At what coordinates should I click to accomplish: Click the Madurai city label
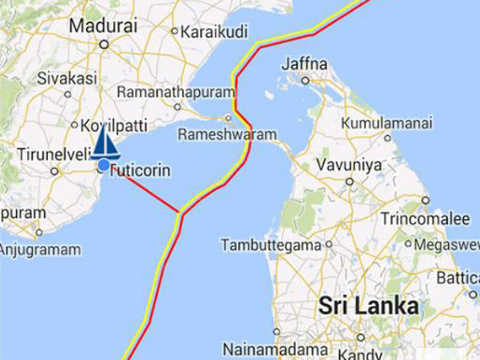point(102,26)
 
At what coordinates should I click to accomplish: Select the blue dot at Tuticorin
point(103,166)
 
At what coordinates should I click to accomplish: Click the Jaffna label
point(304,64)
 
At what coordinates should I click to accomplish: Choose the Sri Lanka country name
point(368,306)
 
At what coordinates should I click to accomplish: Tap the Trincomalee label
point(424,218)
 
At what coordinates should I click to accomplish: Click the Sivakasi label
point(67,78)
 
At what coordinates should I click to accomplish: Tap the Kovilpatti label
point(109,126)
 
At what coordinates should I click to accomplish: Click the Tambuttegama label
point(270,244)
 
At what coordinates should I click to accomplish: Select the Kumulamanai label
point(387,124)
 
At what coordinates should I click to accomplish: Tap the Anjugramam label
point(40,250)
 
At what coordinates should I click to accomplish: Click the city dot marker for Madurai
point(102,44)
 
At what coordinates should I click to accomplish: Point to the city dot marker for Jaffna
point(305,80)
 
